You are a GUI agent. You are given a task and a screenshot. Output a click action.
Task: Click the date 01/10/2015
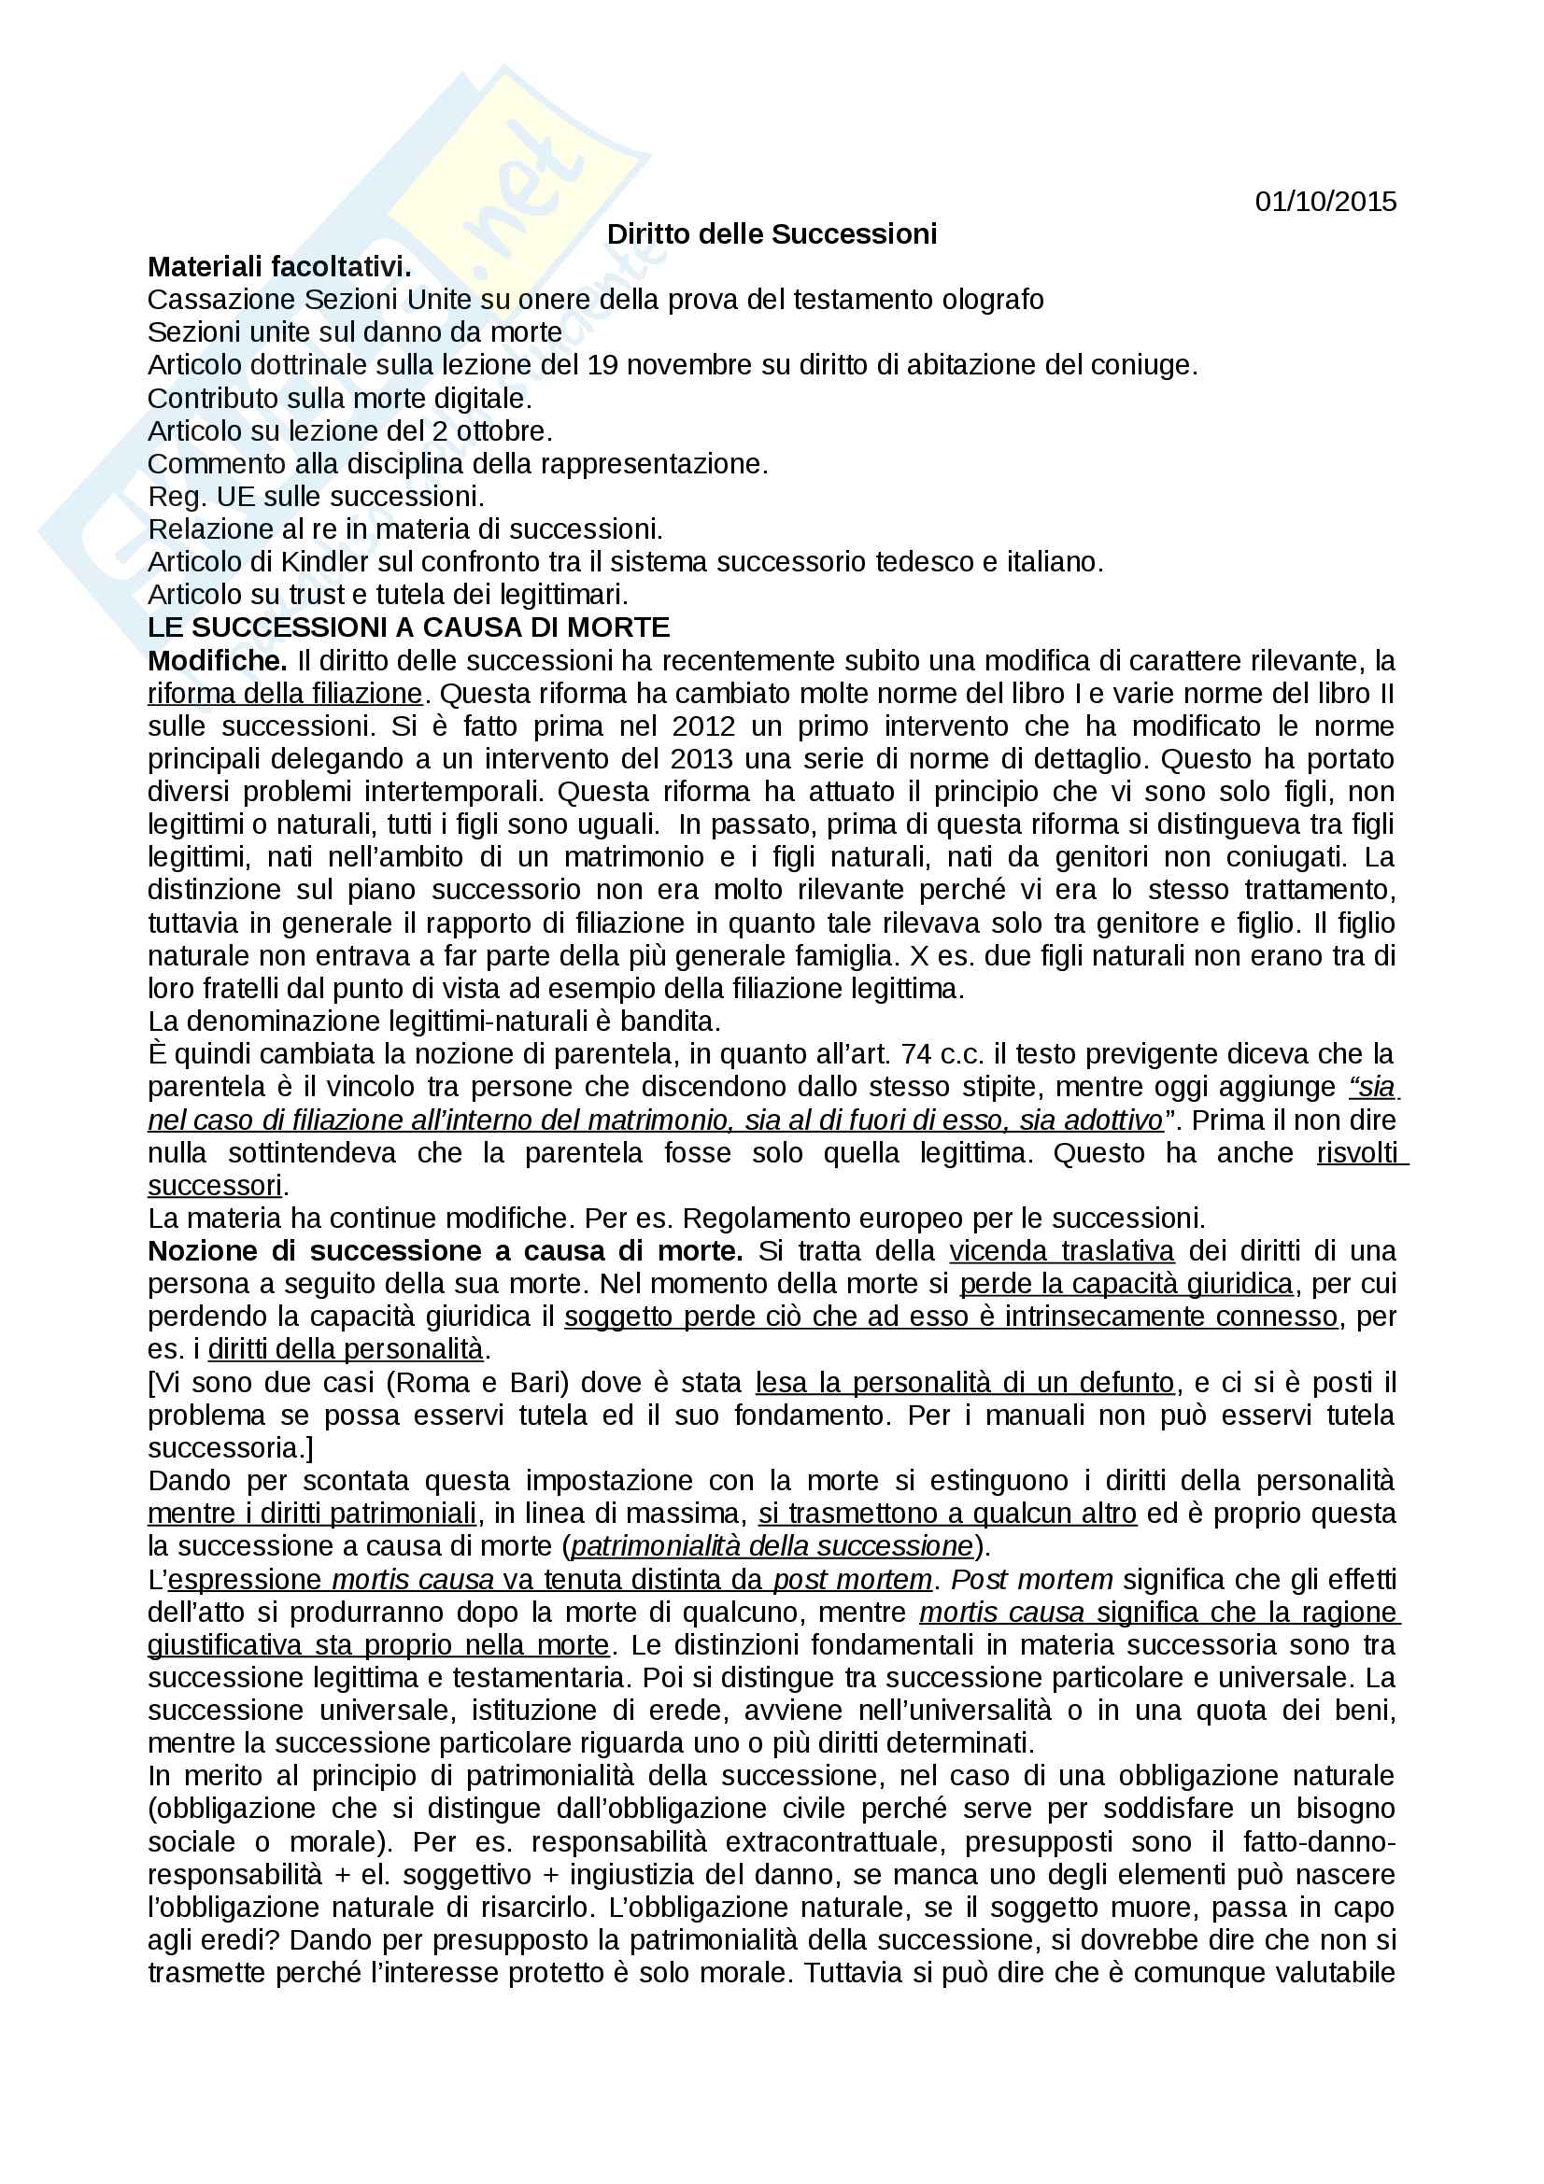click(1325, 202)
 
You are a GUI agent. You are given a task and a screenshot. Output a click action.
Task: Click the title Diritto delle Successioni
click(772, 234)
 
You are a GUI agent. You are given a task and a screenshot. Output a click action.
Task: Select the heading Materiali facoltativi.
click(279, 267)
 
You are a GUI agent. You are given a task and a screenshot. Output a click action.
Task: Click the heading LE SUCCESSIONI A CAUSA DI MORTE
click(409, 627)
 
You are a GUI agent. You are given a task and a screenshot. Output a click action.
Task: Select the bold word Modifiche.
click(217, 660)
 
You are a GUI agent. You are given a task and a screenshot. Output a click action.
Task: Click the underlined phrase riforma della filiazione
click(285, 694)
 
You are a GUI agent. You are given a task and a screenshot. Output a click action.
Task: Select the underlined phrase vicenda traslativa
click(1062, 1251)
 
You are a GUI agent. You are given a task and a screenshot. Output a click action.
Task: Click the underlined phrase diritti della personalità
click(346, 1349)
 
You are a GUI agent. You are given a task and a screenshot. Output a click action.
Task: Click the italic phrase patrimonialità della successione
click(772, 1545)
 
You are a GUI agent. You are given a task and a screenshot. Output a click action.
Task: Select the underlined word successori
click(215, 1185)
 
